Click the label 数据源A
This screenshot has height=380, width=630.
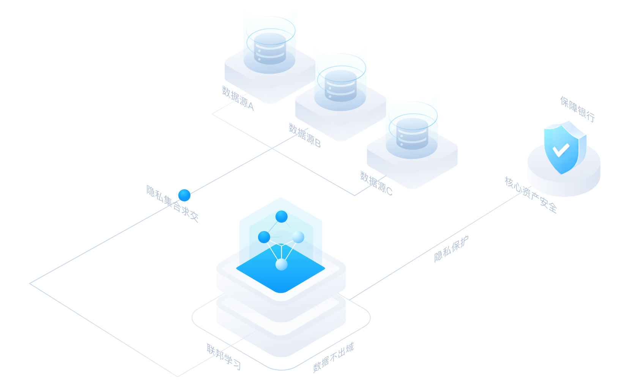pyautogui.click(x=238, y=98)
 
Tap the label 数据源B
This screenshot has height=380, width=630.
pyautogui.click(x=305, y=136)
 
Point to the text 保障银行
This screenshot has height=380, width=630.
pyautogui.click(x=577, y=109)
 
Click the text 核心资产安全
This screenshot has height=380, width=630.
pyautogui.click(x=531, y=195)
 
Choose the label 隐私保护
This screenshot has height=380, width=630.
pyautogui.click(x=451, y=249)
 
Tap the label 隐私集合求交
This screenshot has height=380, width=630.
pyautogui.click(x=172, y=204)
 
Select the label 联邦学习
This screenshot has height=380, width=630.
pyautogui.click(x=224, y=356)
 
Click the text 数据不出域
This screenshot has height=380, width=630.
pyautogui.click(x=333, y=358)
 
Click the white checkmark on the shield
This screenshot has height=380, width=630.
pyautogui.click(x=561, y=150)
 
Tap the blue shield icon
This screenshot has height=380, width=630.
pyautogui.click(x=565, y=147)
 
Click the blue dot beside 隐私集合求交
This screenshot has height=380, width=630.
pyautogui.click(x=184, y=195)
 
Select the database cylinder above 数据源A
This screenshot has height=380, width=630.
pyautogui.click(x=270, y=49)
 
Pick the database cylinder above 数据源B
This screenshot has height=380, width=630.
pyautogui.click(x=340, y=85)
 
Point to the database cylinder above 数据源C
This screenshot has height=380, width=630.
pyautogui.click(x=412, y=133)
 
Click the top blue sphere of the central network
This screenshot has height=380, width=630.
pyautogui.click(x=281, y=217)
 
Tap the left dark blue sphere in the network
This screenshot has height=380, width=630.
pyautogui.click(x=264, y=237)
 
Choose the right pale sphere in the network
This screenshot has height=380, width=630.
pyautogui.click(x=298, y=237)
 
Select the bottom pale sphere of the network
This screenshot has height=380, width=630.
pyautogui.click(x=281, y=264)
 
